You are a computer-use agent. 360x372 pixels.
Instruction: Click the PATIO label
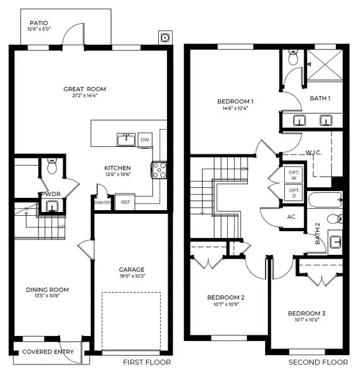pyautogui.click(x=38, y=23)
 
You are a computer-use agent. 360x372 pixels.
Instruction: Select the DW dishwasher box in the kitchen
pyautogui.click(x=145, y=139)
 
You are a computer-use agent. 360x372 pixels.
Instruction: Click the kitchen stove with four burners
pyautogui.click(x=159, y=169)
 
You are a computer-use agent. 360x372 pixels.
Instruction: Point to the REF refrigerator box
pyautogui.click(x=125, y=202)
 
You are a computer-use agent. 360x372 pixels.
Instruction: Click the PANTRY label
pyautogui.click(x=102, y=202)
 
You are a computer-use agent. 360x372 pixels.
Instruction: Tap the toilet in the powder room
pyautogui.click(x=52, y=167)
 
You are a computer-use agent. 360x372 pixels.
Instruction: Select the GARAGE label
pyautogui.click(x=132, y=270)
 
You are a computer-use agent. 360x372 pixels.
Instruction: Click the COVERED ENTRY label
pyautogui.click(x=48, y=352)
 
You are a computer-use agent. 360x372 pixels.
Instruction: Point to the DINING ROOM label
pyautogui.click(x=47, y=290)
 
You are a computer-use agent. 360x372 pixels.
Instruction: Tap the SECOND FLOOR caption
pyautogui.click(x=317, y=362)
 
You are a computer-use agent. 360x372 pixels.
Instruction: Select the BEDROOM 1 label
pyautogui.click(x=235, y=101)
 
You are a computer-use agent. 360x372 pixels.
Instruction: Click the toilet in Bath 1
pyautogui.click(x=294, y=59)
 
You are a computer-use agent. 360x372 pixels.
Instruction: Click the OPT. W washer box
pyautogui.click(x=293, y=175)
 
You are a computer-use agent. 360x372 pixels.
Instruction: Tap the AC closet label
pyautogui.click(x=291, y=217)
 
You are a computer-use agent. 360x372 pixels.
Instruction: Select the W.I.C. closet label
pyautogui.click(x=312, y=152)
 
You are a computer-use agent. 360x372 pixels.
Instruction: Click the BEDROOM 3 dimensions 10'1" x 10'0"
pyautogui.click(x=307, y=321)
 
